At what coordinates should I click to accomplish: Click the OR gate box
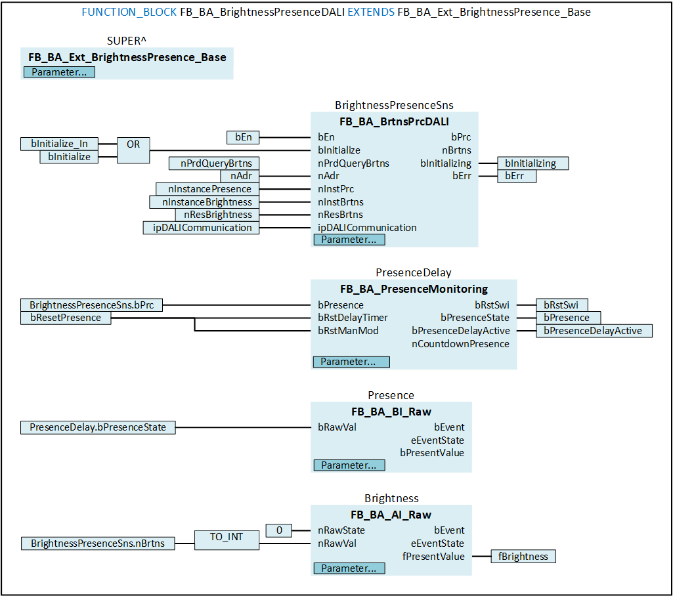tap(133, 150)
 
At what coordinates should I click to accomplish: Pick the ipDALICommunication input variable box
tap(202, 228)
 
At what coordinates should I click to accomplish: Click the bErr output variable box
tap(517, 176)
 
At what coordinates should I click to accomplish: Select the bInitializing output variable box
tap(532, 163)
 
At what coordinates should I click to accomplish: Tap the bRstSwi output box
tap(561, 305)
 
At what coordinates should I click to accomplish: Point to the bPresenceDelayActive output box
tap(594, 330)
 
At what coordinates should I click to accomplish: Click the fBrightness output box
tap(523, 556)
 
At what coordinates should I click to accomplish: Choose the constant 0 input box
tap(278, 530)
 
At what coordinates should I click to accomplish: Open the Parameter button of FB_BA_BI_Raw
tap(349, 465)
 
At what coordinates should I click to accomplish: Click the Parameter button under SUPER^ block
tap(59, 72)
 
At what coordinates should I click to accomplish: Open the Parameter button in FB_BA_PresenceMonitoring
tap(351, 362)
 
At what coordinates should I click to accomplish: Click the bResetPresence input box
tap(66, 318)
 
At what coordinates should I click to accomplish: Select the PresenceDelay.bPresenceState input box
tap(98, 427)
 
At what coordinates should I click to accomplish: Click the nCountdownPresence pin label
tap(460, 343)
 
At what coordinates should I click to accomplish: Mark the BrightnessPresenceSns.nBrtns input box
tap(98, 543)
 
